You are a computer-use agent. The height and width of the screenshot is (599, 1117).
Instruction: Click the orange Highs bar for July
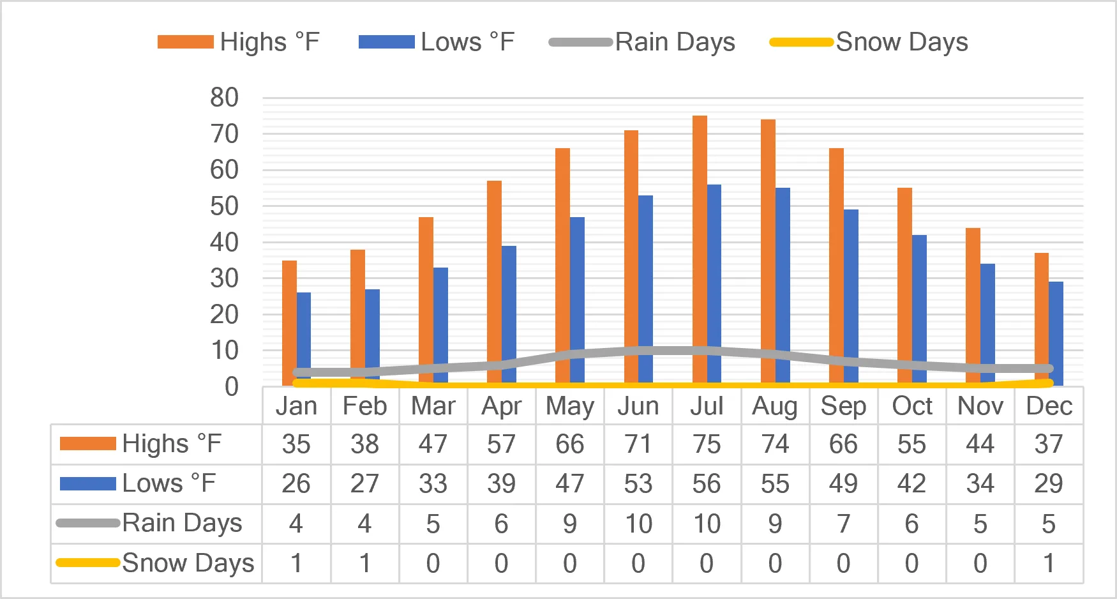(700, 250)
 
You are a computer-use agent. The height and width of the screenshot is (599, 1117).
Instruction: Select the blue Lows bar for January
(304, 339)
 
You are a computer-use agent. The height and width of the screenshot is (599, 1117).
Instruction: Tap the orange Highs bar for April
(494, 283)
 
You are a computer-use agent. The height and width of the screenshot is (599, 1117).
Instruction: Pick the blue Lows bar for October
(919, 310)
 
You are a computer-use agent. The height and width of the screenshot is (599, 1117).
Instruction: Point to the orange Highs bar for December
(1042, 319)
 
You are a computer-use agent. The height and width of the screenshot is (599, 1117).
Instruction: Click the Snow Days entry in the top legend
(869, 42)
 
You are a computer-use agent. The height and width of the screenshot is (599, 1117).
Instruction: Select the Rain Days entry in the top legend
(642, 42)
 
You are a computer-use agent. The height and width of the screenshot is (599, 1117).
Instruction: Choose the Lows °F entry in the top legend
(437, 42)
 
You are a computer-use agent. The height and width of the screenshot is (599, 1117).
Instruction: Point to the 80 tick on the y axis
(224, 98)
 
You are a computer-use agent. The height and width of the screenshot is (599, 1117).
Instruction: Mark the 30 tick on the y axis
(224, 278)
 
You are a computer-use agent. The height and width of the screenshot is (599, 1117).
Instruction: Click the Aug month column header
(775, 406)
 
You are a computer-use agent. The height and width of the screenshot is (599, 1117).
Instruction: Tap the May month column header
(570, 406)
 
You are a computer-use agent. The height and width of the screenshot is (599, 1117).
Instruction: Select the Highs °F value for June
(638, 444)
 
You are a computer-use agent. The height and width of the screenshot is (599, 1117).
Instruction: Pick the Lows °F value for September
(843, 483)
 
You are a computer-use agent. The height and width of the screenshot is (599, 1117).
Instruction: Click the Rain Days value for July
(707, 524)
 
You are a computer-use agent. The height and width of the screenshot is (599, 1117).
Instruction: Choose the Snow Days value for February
(364, 563)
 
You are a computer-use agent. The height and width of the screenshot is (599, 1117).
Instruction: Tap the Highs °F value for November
(980, 444)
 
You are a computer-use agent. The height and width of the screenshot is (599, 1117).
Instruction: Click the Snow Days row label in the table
(155, 563)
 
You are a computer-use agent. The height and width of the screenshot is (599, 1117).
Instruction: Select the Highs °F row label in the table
(140, 443)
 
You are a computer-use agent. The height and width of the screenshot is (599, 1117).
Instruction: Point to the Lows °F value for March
(433, 483)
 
